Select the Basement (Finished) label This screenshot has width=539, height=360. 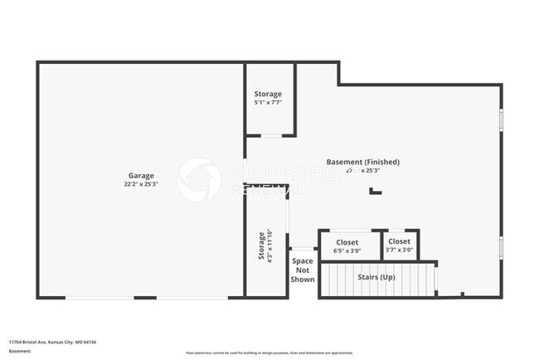click(x=362, y=162)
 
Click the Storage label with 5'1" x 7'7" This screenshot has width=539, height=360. click(x=268, y=95)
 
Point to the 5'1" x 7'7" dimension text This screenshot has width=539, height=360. click(x=268, y=104)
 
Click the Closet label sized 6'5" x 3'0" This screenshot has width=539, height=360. click(x=347, y=242)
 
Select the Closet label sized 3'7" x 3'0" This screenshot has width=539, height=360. click(x=400, y=242)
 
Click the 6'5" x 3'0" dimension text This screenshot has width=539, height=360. click(x=347, y=251)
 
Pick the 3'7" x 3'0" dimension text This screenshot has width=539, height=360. click(x=400, y=251)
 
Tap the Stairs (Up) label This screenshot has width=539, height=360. click(x=376, y=277)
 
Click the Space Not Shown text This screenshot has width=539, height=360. click(x=303, y=270)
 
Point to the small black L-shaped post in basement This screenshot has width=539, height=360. click(x=376, y=191)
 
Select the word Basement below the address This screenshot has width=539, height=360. click(x=20, y=352)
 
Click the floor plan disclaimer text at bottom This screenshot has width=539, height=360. click(x=269, y=352)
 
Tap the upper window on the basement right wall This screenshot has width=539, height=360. click(x=501, y=119)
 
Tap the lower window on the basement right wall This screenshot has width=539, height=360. click(x=501, y=248)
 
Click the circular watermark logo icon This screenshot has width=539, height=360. click(x=199, y=179)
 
